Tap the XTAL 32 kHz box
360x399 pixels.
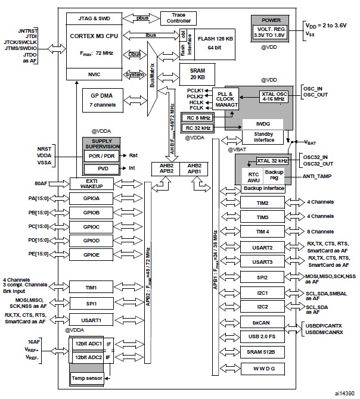point(272,161)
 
